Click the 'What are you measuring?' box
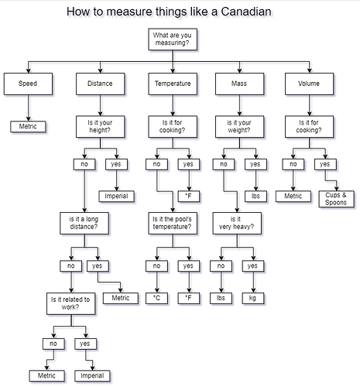tap(173, 39)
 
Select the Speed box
tap(28, 84)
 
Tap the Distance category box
tap(101, 84)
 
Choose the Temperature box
tap(173, 84)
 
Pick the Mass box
tap(239, 84)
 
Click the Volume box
tap(309, 84)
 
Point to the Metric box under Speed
tap(28, 126)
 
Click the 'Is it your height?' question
tap(101, 126)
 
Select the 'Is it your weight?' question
tap(239, 126)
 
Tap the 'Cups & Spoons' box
tap(336, 199)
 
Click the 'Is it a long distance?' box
tap(84, 223)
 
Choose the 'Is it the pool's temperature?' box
tap(173, 223)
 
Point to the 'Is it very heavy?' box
tap(237, 223)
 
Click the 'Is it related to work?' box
tap(71, 303)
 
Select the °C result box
tap(156, 298)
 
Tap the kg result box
tap(253, 298)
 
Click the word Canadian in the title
tap(246, 12)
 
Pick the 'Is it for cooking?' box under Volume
tap(309, 126)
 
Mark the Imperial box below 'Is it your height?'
tap(117, 197)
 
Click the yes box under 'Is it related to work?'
tap(85, 344)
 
